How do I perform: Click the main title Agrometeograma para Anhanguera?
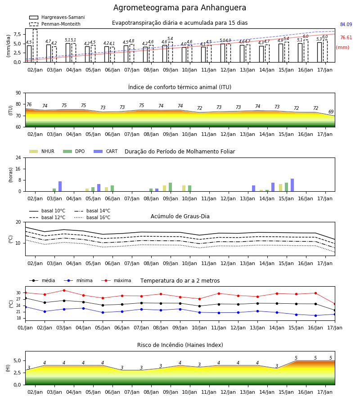tap(180, 8)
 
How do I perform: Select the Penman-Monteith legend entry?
tap(55, 24)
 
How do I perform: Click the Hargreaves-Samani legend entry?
tap(57, 17)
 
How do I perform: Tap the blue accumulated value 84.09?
tap(346, 25)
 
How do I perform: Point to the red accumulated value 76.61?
tap(346, 38)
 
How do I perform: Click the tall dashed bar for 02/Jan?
tap(35, 46)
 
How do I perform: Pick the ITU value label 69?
tap(331, 112)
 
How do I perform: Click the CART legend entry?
tap(106, 151)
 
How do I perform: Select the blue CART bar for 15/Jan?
tap(292, 185)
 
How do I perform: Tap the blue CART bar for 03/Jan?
tap(60, 186)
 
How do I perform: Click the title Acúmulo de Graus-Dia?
tap(180, 216)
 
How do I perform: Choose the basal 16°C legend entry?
tap(92, 218)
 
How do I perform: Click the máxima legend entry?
tap(116, 280)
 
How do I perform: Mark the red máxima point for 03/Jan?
tap(64, 290)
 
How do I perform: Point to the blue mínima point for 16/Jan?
tap(315, 315)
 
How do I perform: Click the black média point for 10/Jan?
tap(199, 306)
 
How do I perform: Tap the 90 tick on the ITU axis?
tap(18, 93)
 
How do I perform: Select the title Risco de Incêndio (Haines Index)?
tap(180, 345)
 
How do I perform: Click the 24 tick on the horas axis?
tap(18, 157)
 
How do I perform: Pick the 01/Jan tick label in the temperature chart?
tap(25, 328)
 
